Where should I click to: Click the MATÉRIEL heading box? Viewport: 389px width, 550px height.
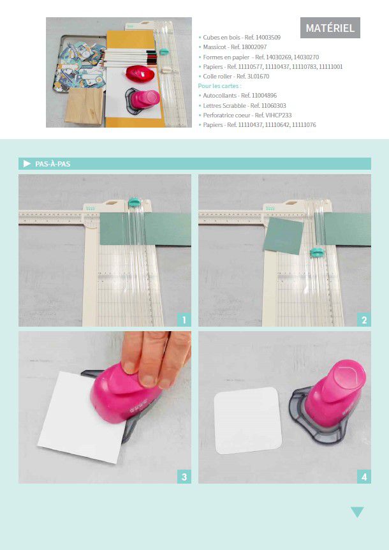pos(330,27)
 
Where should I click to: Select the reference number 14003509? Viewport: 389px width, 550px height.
pos(268,37)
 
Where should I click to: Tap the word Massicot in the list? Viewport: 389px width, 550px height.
pos(214,47)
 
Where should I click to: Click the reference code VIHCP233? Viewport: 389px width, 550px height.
pos(278,115)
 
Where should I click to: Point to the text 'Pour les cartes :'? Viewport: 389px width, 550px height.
pos(219,86)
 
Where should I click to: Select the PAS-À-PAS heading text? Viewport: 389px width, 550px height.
pos(52,164)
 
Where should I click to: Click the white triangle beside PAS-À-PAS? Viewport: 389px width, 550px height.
pos(27,163)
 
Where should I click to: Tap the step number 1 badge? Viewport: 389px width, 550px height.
pos(184,320)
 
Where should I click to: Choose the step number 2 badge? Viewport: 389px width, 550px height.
pos(364,320)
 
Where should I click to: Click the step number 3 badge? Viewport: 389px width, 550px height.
pos(184,477)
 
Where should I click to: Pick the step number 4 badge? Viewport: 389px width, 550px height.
pos(364,477)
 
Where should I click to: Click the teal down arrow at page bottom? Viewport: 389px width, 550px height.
pos(357,512)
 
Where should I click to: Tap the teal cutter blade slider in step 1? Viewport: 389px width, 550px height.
pos(134,202)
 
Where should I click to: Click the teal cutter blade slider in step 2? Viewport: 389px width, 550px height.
pos(317,252)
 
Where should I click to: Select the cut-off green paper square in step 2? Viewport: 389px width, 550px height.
pos(284,235)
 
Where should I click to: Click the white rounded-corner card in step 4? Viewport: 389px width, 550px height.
pos(248,420)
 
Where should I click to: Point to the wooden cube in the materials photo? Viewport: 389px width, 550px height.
pos(85,105)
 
